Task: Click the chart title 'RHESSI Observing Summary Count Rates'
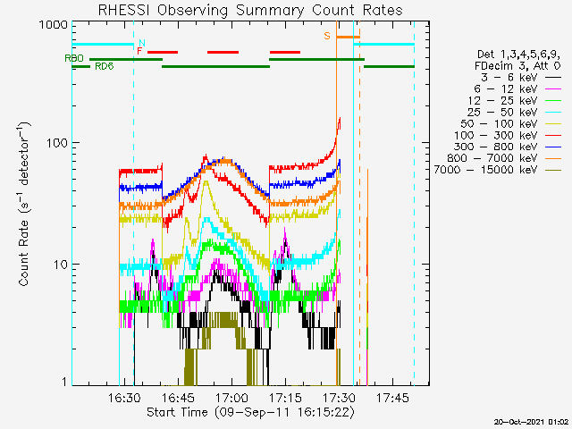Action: pyautogui.click(x=250, y=10)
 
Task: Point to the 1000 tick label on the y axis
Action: pyautogui.click(x=54, y=25)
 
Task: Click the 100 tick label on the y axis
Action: pyautogui.click(x=57, y=143)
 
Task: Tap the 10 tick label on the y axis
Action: pyautogui.click(x=61, y=265)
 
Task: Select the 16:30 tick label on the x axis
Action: pyautogui.click(x=125, y=398)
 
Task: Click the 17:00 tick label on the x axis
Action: pyautogui.click(x=231, y=398)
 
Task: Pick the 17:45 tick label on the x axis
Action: pyautogui.click(x=392, y=398)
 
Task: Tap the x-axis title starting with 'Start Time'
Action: pyautogui.click(x=250, y=413)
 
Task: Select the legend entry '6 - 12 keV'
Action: pyautogui.click(x=505, y=89)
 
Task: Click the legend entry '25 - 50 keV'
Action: pyautogui.click(x=502, y=112)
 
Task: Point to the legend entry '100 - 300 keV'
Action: pyautogui.click(x=495, y=135)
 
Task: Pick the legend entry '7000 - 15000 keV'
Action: pyautogui.click(x=485, y=170)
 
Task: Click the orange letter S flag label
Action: pyautogui.click(x=327, y=36)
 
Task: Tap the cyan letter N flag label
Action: pyautogui.click(x=141, y=43)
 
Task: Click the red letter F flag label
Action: pyautogui.click(x=139, y=51)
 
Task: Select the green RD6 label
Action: pyautogui.click(x=105, y=66)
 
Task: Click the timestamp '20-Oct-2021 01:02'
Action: pyautogui.click(x=531, y=422)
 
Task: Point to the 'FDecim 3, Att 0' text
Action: pyautogui.click(x=517, y=65)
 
